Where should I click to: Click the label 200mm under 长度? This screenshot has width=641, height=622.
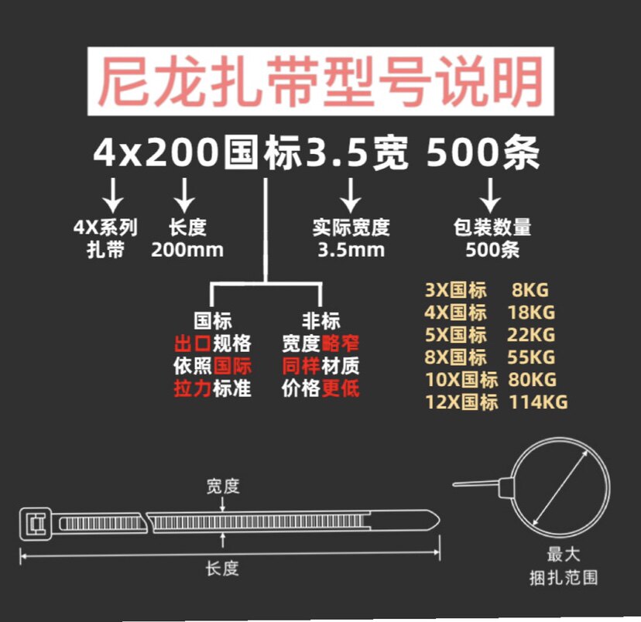[x=187, y=250]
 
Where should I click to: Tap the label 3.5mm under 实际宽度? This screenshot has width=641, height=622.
[x=351, y=250]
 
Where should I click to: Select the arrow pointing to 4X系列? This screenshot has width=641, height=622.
[x=113, y=195]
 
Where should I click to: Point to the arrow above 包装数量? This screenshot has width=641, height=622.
[x=490, y=195]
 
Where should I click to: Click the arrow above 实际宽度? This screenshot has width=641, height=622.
[x=351, y=195]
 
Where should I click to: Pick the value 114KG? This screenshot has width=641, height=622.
[x=538, y=402]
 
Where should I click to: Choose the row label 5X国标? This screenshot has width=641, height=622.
[x=456, y=335]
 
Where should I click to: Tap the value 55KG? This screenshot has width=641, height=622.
[x=532, y=357]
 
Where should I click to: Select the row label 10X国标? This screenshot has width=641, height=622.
[x=461, y=380]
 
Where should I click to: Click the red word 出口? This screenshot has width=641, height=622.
[x=193, y=343]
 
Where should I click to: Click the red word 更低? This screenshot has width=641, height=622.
[x=341, y=388]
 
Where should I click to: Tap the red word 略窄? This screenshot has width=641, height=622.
[x=341, y=343]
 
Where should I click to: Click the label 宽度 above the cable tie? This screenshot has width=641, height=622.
[x=223, y=487]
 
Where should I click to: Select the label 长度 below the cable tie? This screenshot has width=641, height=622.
[x=222, y=569]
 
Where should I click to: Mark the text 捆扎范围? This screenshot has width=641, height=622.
[x=564, y=577]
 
